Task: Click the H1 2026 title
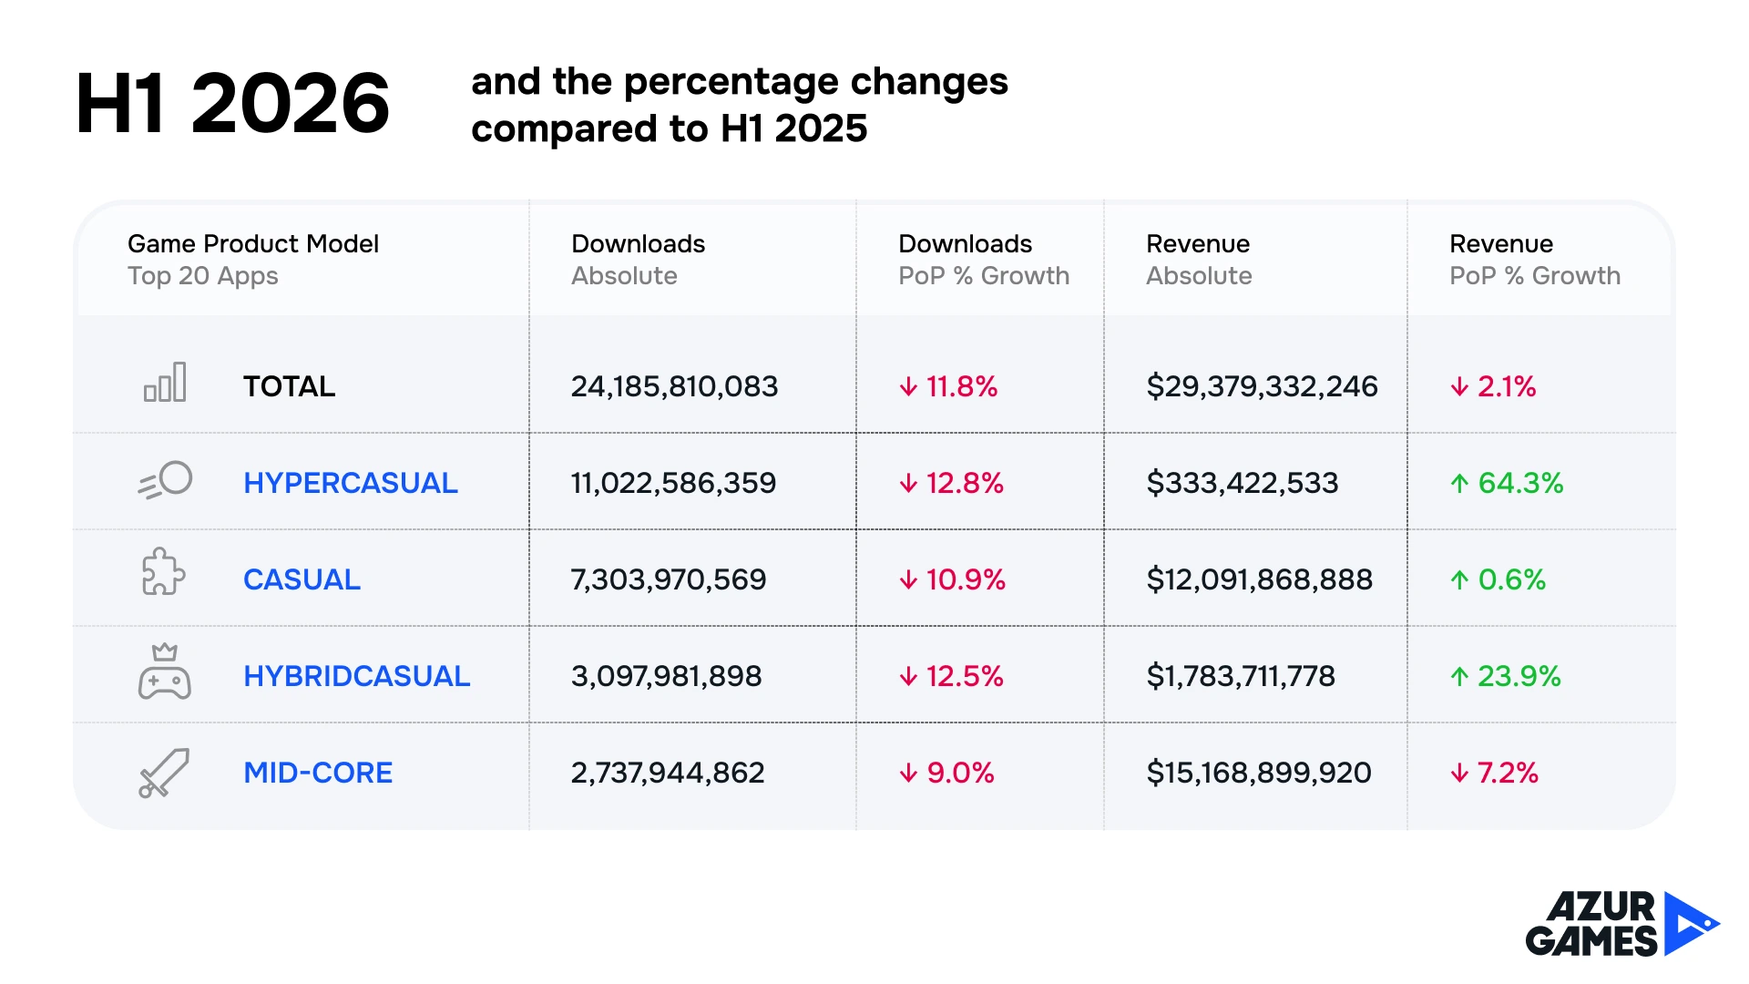232,103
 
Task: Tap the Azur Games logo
1622,924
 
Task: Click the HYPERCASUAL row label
351,483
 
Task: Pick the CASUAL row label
302,579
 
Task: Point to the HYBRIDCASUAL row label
357,676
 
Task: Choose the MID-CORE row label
318,773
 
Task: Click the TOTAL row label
289,386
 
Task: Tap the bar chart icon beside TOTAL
165,383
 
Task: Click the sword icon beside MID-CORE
164,773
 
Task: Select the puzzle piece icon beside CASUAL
164,571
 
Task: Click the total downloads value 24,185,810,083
674,386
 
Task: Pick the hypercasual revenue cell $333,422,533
1243,483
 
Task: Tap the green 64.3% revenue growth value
1508,483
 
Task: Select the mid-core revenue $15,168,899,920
1259,773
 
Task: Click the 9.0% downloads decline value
946,773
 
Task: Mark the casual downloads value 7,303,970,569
669,579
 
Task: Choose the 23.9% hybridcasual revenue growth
1506,676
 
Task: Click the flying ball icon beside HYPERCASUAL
165,480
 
